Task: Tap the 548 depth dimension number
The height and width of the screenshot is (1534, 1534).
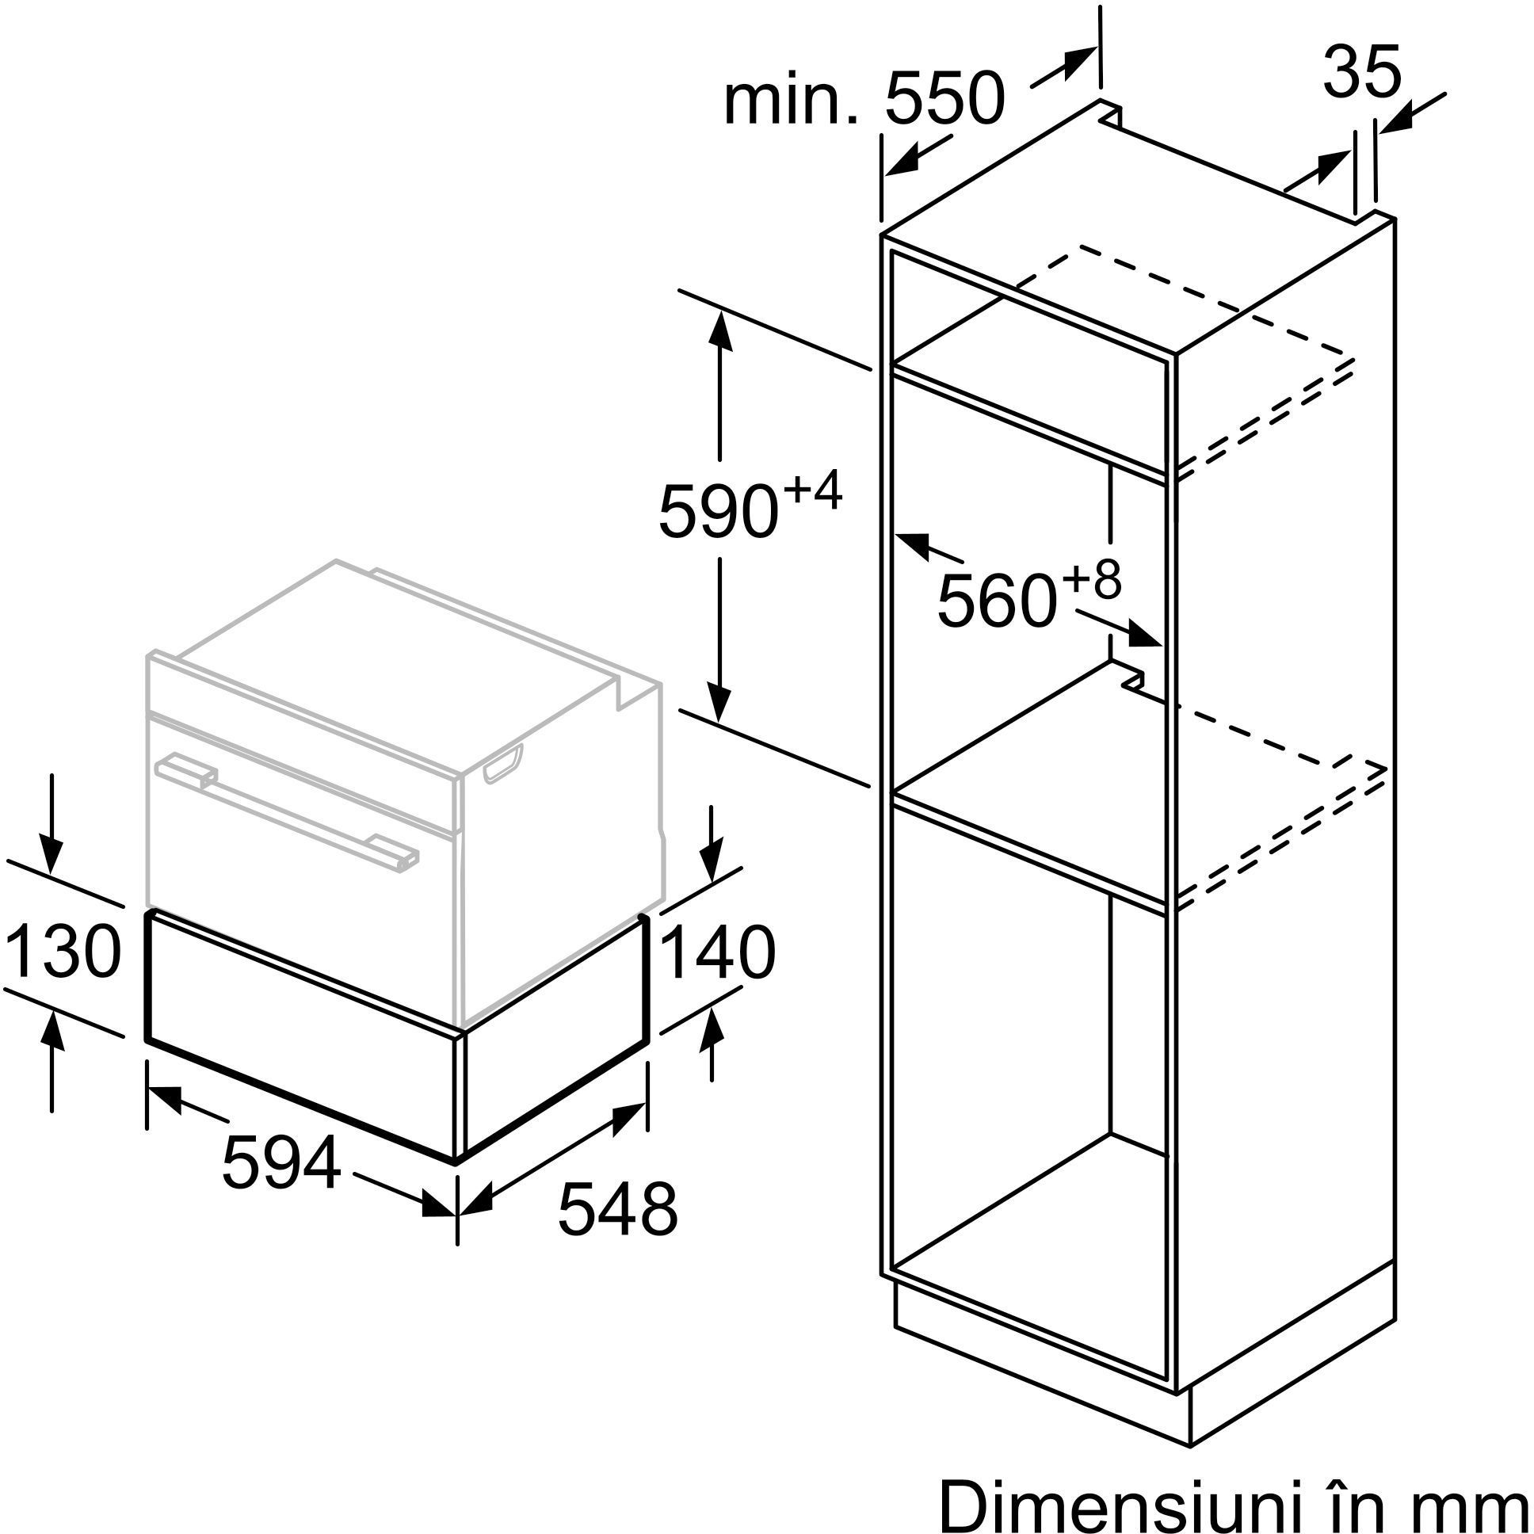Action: coord(617,1209)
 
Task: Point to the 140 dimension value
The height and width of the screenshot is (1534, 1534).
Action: coord(717,952)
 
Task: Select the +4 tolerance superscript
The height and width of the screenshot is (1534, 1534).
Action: coord(812,491)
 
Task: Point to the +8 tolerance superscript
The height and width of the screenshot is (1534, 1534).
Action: coord(1092,581)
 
